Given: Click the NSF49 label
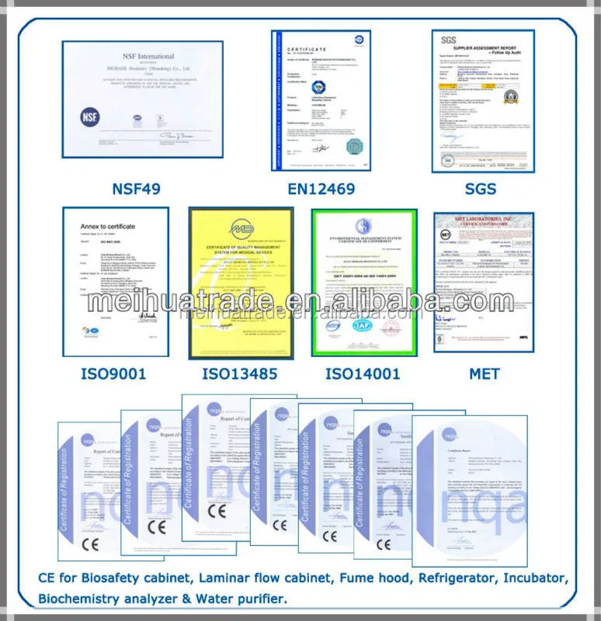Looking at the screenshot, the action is pos(142,189).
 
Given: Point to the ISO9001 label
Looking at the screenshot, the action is pos(113,374).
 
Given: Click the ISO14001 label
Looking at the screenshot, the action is pos(363,374).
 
